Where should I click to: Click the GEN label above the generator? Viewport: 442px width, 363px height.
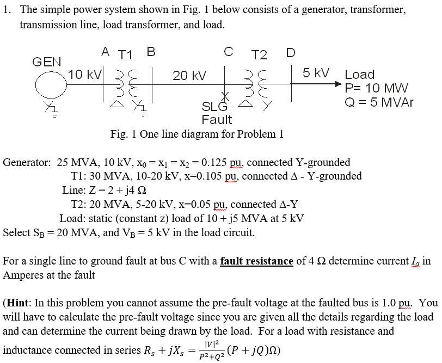point(46,61)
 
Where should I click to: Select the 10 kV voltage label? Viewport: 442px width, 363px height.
point(84,75)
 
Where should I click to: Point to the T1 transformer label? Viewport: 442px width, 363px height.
point(126,54)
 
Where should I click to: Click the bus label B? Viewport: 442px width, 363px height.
point(151,52)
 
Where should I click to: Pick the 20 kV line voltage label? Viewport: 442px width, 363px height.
point(189,76)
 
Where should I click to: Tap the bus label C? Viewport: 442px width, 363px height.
point(229,52)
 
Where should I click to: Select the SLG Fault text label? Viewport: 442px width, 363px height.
point(216,113)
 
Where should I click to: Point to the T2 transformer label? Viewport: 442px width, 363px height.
point(259,54)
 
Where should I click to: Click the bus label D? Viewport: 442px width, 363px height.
point(291,53)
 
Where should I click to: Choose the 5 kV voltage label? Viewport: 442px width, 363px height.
point(316,73)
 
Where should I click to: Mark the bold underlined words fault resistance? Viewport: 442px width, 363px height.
point(256,261)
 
